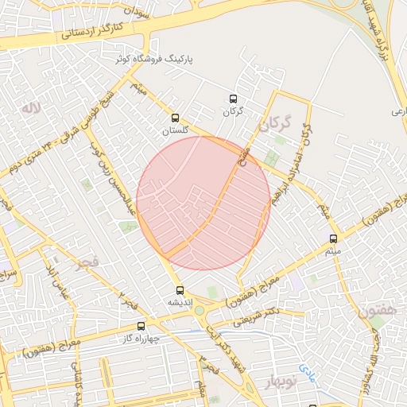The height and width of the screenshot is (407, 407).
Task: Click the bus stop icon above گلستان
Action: coord(176,118)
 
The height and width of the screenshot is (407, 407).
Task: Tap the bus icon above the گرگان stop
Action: coord(232,99)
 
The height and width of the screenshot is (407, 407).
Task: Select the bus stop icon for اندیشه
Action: coord(180,290)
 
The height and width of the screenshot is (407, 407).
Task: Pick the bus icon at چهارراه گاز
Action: coord(141,326)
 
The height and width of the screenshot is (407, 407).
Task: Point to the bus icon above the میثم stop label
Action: coord(333,238)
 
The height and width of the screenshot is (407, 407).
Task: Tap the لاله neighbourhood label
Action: coord(32,107)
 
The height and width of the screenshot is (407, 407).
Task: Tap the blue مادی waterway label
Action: coord(308,372)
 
